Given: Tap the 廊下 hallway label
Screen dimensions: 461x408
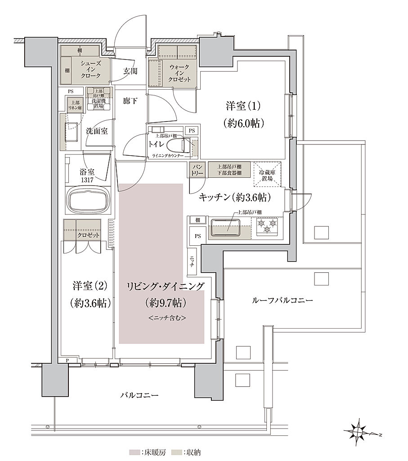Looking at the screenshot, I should click(x=130, y=101).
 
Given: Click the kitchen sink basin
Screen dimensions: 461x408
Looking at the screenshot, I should click(x=227, y=226).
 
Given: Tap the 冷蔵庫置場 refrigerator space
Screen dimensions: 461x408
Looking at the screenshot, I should click(x=267, y=175).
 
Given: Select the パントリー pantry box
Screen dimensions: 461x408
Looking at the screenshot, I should click(x=197, y=170).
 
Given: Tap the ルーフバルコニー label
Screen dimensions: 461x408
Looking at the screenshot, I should click(x=282, y=300).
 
